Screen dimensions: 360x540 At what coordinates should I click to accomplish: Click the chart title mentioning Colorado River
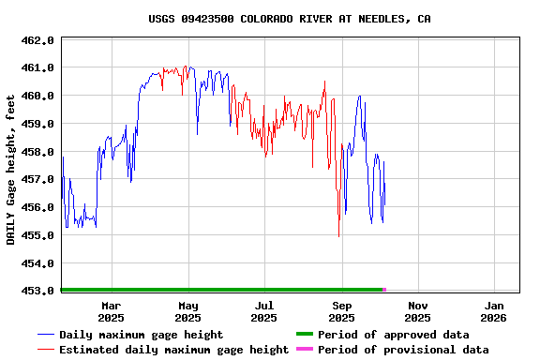tap(290, 19)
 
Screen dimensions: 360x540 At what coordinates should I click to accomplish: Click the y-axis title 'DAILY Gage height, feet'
tap(11, 169)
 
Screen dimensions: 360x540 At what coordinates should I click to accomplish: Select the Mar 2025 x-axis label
tap(111, 311)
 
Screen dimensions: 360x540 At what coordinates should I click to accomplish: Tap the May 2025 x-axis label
tap(188, 311)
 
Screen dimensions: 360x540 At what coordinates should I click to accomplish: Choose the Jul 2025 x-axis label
tap(265, 311)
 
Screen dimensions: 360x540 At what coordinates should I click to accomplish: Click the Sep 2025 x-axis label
tap(342, 311)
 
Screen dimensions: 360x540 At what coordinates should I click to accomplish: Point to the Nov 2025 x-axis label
tap(419, 311)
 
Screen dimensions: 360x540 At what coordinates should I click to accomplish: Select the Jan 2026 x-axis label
tap(495, 311)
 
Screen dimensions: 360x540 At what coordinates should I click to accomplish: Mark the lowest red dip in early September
tap(338, 235)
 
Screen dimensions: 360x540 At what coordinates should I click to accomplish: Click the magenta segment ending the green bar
tap(384, 290)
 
